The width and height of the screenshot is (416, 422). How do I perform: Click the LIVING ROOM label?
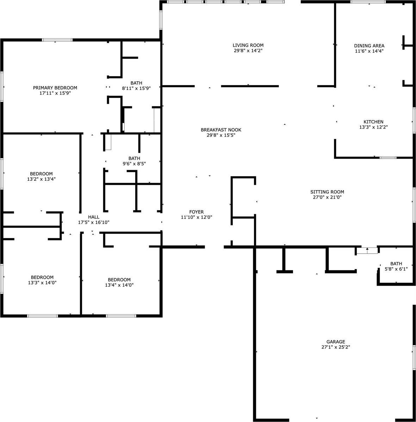(x=248, y=45)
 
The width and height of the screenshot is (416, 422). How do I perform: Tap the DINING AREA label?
(x=369, y=46)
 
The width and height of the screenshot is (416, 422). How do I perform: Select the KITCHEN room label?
(x=373, y=122)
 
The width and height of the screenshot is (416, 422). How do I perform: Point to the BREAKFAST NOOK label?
(x=221, y=130)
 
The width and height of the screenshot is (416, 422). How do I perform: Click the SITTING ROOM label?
(x=327, y=192)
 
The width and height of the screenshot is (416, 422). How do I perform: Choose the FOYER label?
(x=196, y=212)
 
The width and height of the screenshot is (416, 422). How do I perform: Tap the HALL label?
(x=94, y=217)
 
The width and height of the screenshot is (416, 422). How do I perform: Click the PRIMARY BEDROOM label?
(x=55, y=88)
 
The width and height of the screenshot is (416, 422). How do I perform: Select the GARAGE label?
(x=336, y=341)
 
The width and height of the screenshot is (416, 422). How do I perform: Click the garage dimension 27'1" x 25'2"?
(x=336, y=347)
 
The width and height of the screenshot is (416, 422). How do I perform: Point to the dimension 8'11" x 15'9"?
(x=136, y=88)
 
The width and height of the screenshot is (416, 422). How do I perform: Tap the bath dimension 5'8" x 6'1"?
(x=396, y=269)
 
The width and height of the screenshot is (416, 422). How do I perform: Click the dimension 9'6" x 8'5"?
(x=134, y=164)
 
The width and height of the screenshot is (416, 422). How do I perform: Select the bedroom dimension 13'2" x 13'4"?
(x=41, y=179)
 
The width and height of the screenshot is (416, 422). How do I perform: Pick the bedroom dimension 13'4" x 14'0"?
(x=119, y=285)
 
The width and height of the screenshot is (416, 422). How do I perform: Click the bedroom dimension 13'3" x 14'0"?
(x=42, y=282)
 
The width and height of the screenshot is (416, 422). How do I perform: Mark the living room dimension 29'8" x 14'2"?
(x=248, y=51)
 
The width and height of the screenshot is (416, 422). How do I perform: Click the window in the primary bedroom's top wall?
(x=57, y=40)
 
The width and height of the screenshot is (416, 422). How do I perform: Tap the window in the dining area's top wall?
(x=368, y=2)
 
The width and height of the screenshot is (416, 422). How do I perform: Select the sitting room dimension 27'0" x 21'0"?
(x=327, y=197)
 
